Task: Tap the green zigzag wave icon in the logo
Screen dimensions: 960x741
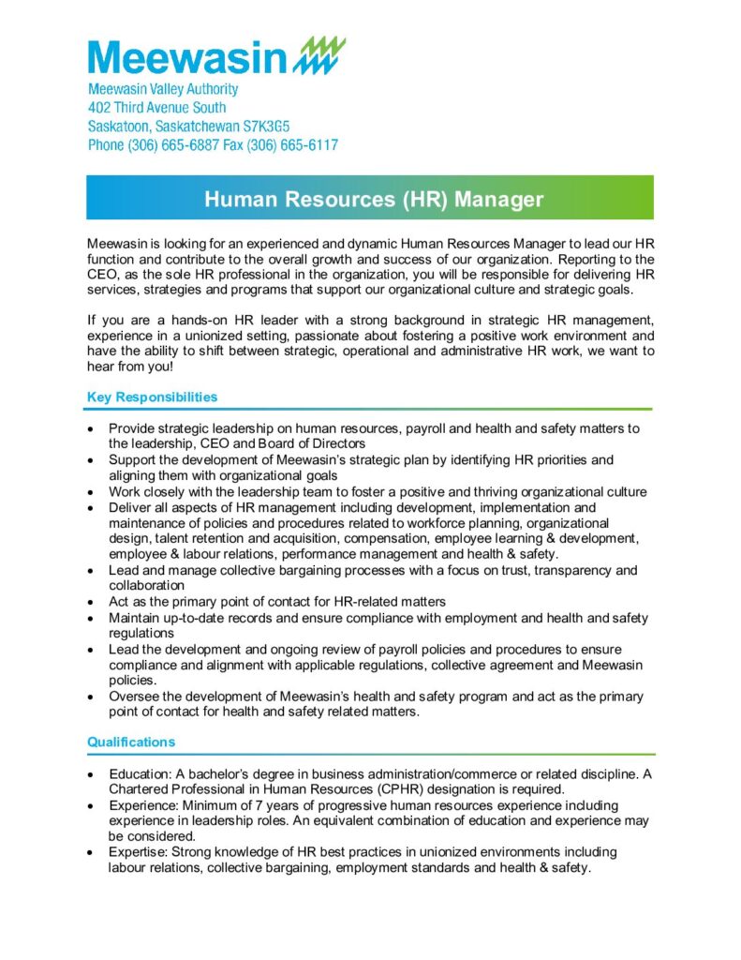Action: pos(319,55)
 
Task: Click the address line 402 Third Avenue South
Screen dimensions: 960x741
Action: pos(156,108)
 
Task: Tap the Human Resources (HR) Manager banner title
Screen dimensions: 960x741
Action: pos(373,199)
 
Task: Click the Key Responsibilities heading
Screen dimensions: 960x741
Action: pos(152,397)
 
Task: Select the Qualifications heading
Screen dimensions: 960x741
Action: pos(131,742)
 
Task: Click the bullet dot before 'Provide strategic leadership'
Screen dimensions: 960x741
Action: pos(90,428)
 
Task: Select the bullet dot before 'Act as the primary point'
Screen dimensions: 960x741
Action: pos(90,601)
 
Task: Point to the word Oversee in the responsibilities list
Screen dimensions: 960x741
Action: pos(136,697)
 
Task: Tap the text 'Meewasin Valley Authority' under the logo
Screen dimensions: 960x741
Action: pos(163,89)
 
